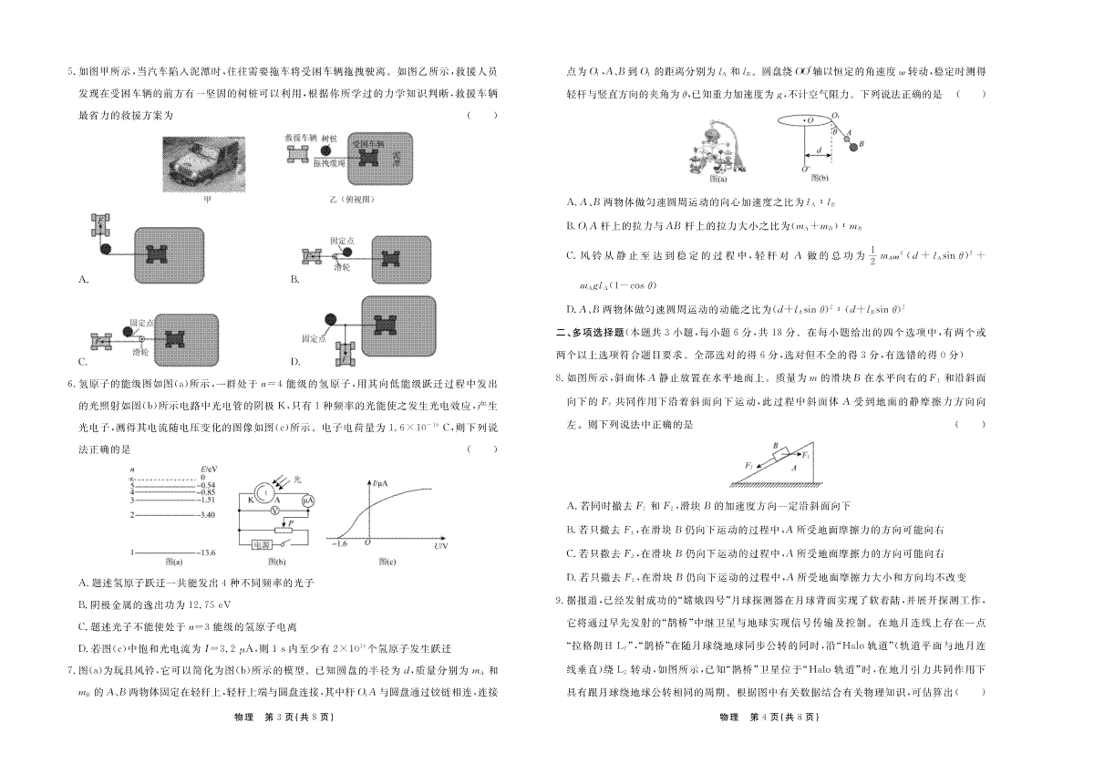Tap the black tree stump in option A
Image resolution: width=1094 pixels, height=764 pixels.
pos(106,247)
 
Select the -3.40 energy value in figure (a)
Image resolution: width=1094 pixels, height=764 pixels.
pos(206,515)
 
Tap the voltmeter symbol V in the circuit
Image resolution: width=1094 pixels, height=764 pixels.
pos(274,512)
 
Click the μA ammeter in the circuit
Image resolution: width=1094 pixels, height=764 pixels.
pos(308,500)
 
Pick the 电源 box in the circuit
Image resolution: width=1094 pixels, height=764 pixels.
pos(266,543)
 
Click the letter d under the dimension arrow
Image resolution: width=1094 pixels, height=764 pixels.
pos(818,149)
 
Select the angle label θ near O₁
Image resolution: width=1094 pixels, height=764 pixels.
pos(834,130)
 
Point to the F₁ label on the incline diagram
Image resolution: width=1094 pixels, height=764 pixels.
pos(806,454)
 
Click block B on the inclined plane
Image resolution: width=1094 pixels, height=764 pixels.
pos(782,453)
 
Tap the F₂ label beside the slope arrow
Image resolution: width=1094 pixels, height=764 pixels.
pos(748,464)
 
